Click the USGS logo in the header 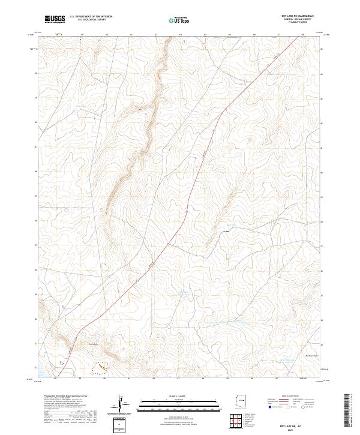coord(55,19)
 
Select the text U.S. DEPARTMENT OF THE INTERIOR coord(91,17)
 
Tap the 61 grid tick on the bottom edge coord(130,379)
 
